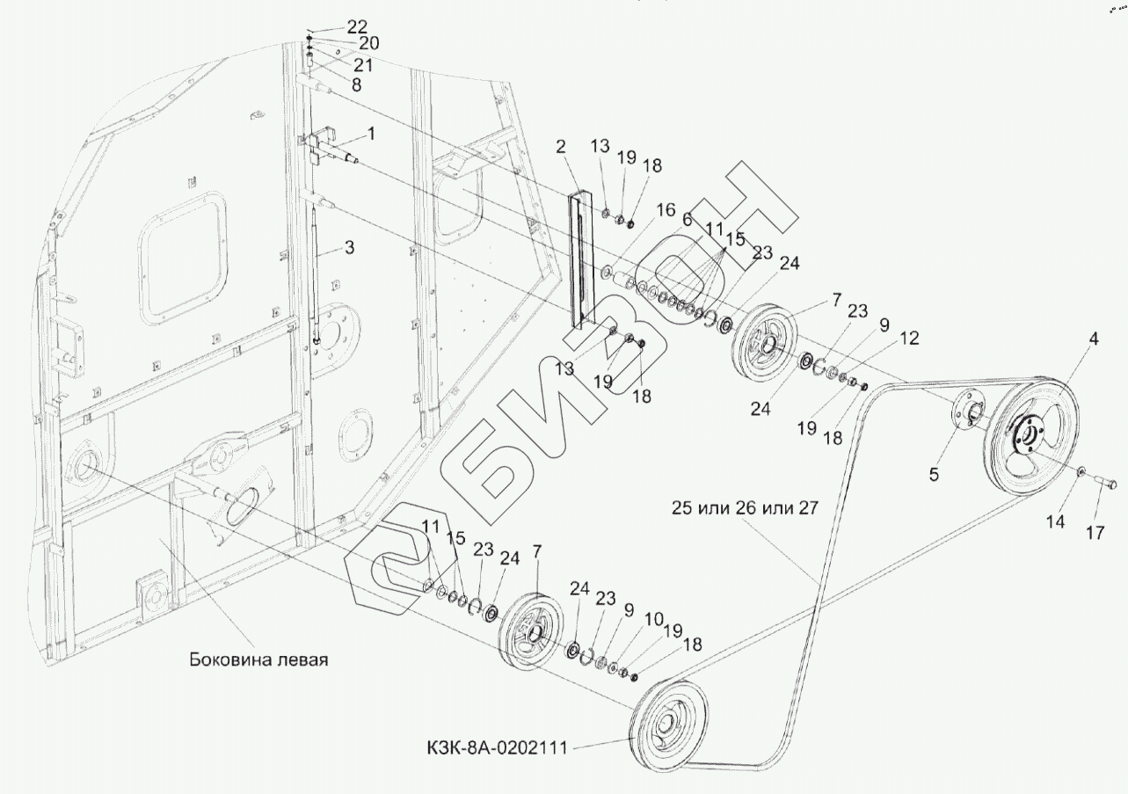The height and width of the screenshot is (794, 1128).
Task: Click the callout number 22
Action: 332,26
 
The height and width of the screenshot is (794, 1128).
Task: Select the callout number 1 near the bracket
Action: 370,134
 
